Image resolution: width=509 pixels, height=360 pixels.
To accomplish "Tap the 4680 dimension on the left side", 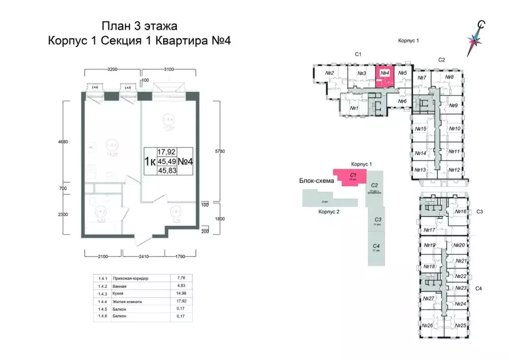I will coord(63,141).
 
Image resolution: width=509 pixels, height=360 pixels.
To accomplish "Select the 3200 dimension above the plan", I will coord(112,70).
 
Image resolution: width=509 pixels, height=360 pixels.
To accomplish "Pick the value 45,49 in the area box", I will coord(167,161).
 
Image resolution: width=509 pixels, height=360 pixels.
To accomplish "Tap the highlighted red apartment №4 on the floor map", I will coord(384,77).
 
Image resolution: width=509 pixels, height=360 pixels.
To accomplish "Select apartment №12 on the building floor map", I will coord(453,170).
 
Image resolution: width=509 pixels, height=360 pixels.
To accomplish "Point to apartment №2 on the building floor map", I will coord(329,74).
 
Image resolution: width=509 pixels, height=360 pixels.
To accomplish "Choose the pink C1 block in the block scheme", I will coord(351,176).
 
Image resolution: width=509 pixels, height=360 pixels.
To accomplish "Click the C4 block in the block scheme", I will coord(376,248).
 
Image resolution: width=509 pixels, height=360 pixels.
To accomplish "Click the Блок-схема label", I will coord(315,180).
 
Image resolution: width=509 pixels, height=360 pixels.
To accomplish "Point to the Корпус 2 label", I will coord(329,211).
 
